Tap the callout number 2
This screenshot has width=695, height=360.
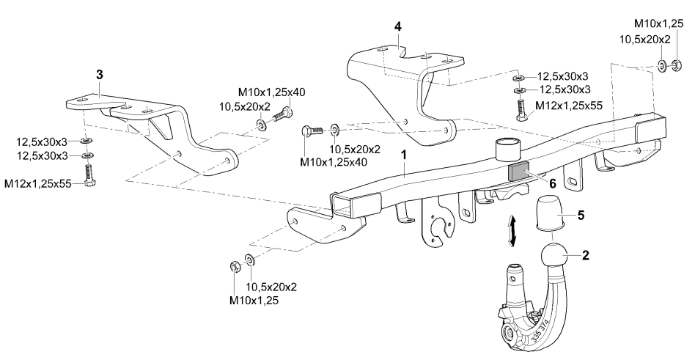(586, 257)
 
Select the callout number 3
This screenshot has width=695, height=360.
(100, 75)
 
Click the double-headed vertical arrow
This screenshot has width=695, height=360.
(514, 229)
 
